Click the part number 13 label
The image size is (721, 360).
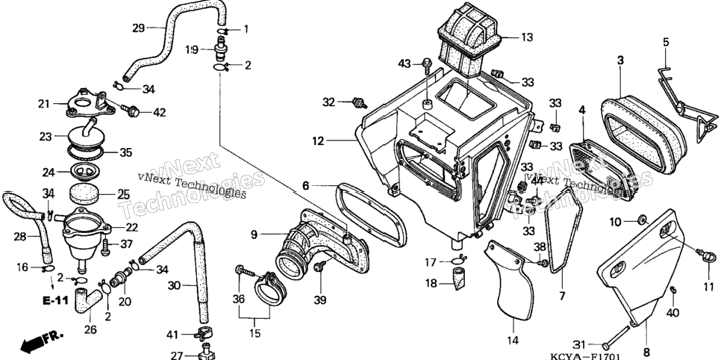click(x=527, y=37)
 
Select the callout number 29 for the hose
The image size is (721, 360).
click(x=138, y=28)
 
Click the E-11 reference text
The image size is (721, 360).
click(x=56, y=301)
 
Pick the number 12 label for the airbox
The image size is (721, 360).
click(x=318, y=141)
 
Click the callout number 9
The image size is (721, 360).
click(x=254, y=235)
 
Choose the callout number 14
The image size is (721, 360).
click(x=513, y=341)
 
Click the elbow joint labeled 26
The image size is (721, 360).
click(x=88, y=300)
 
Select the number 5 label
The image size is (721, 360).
click(x=666, y=42)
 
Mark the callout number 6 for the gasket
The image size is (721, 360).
click(x=306, y=185)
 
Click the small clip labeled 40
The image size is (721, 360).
click(x=673, y=289)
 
